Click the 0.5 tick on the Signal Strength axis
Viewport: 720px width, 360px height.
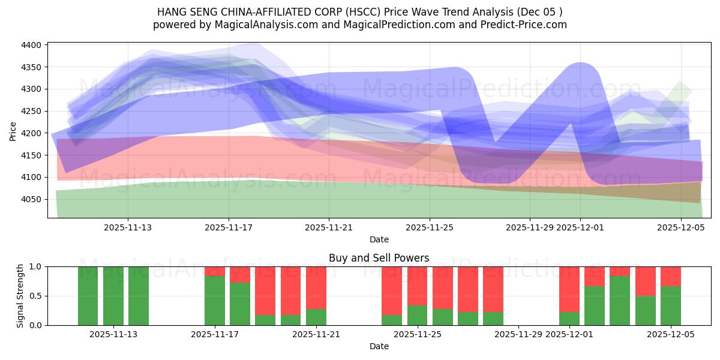(x=35, y=296)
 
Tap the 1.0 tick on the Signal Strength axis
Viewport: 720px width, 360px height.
(x=35, y=266)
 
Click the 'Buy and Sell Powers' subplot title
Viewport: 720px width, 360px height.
(x=379, y=258)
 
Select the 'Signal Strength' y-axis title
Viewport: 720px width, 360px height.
(x=20, y=296)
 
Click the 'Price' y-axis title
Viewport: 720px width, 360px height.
(x=13, y=130)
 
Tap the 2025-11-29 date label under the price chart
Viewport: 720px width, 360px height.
(x=529, y=227)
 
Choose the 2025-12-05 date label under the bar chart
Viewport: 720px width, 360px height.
(x=670, y=335)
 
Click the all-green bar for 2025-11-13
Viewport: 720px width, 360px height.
(x=113, y=296)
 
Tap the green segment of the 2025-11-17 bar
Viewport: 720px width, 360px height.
(x=215, y=301)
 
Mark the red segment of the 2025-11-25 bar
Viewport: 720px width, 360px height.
(x=417, y=286)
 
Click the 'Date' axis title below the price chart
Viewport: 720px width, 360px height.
(x=379, y=239)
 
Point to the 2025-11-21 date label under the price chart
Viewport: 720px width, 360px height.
(x=329, y=227)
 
